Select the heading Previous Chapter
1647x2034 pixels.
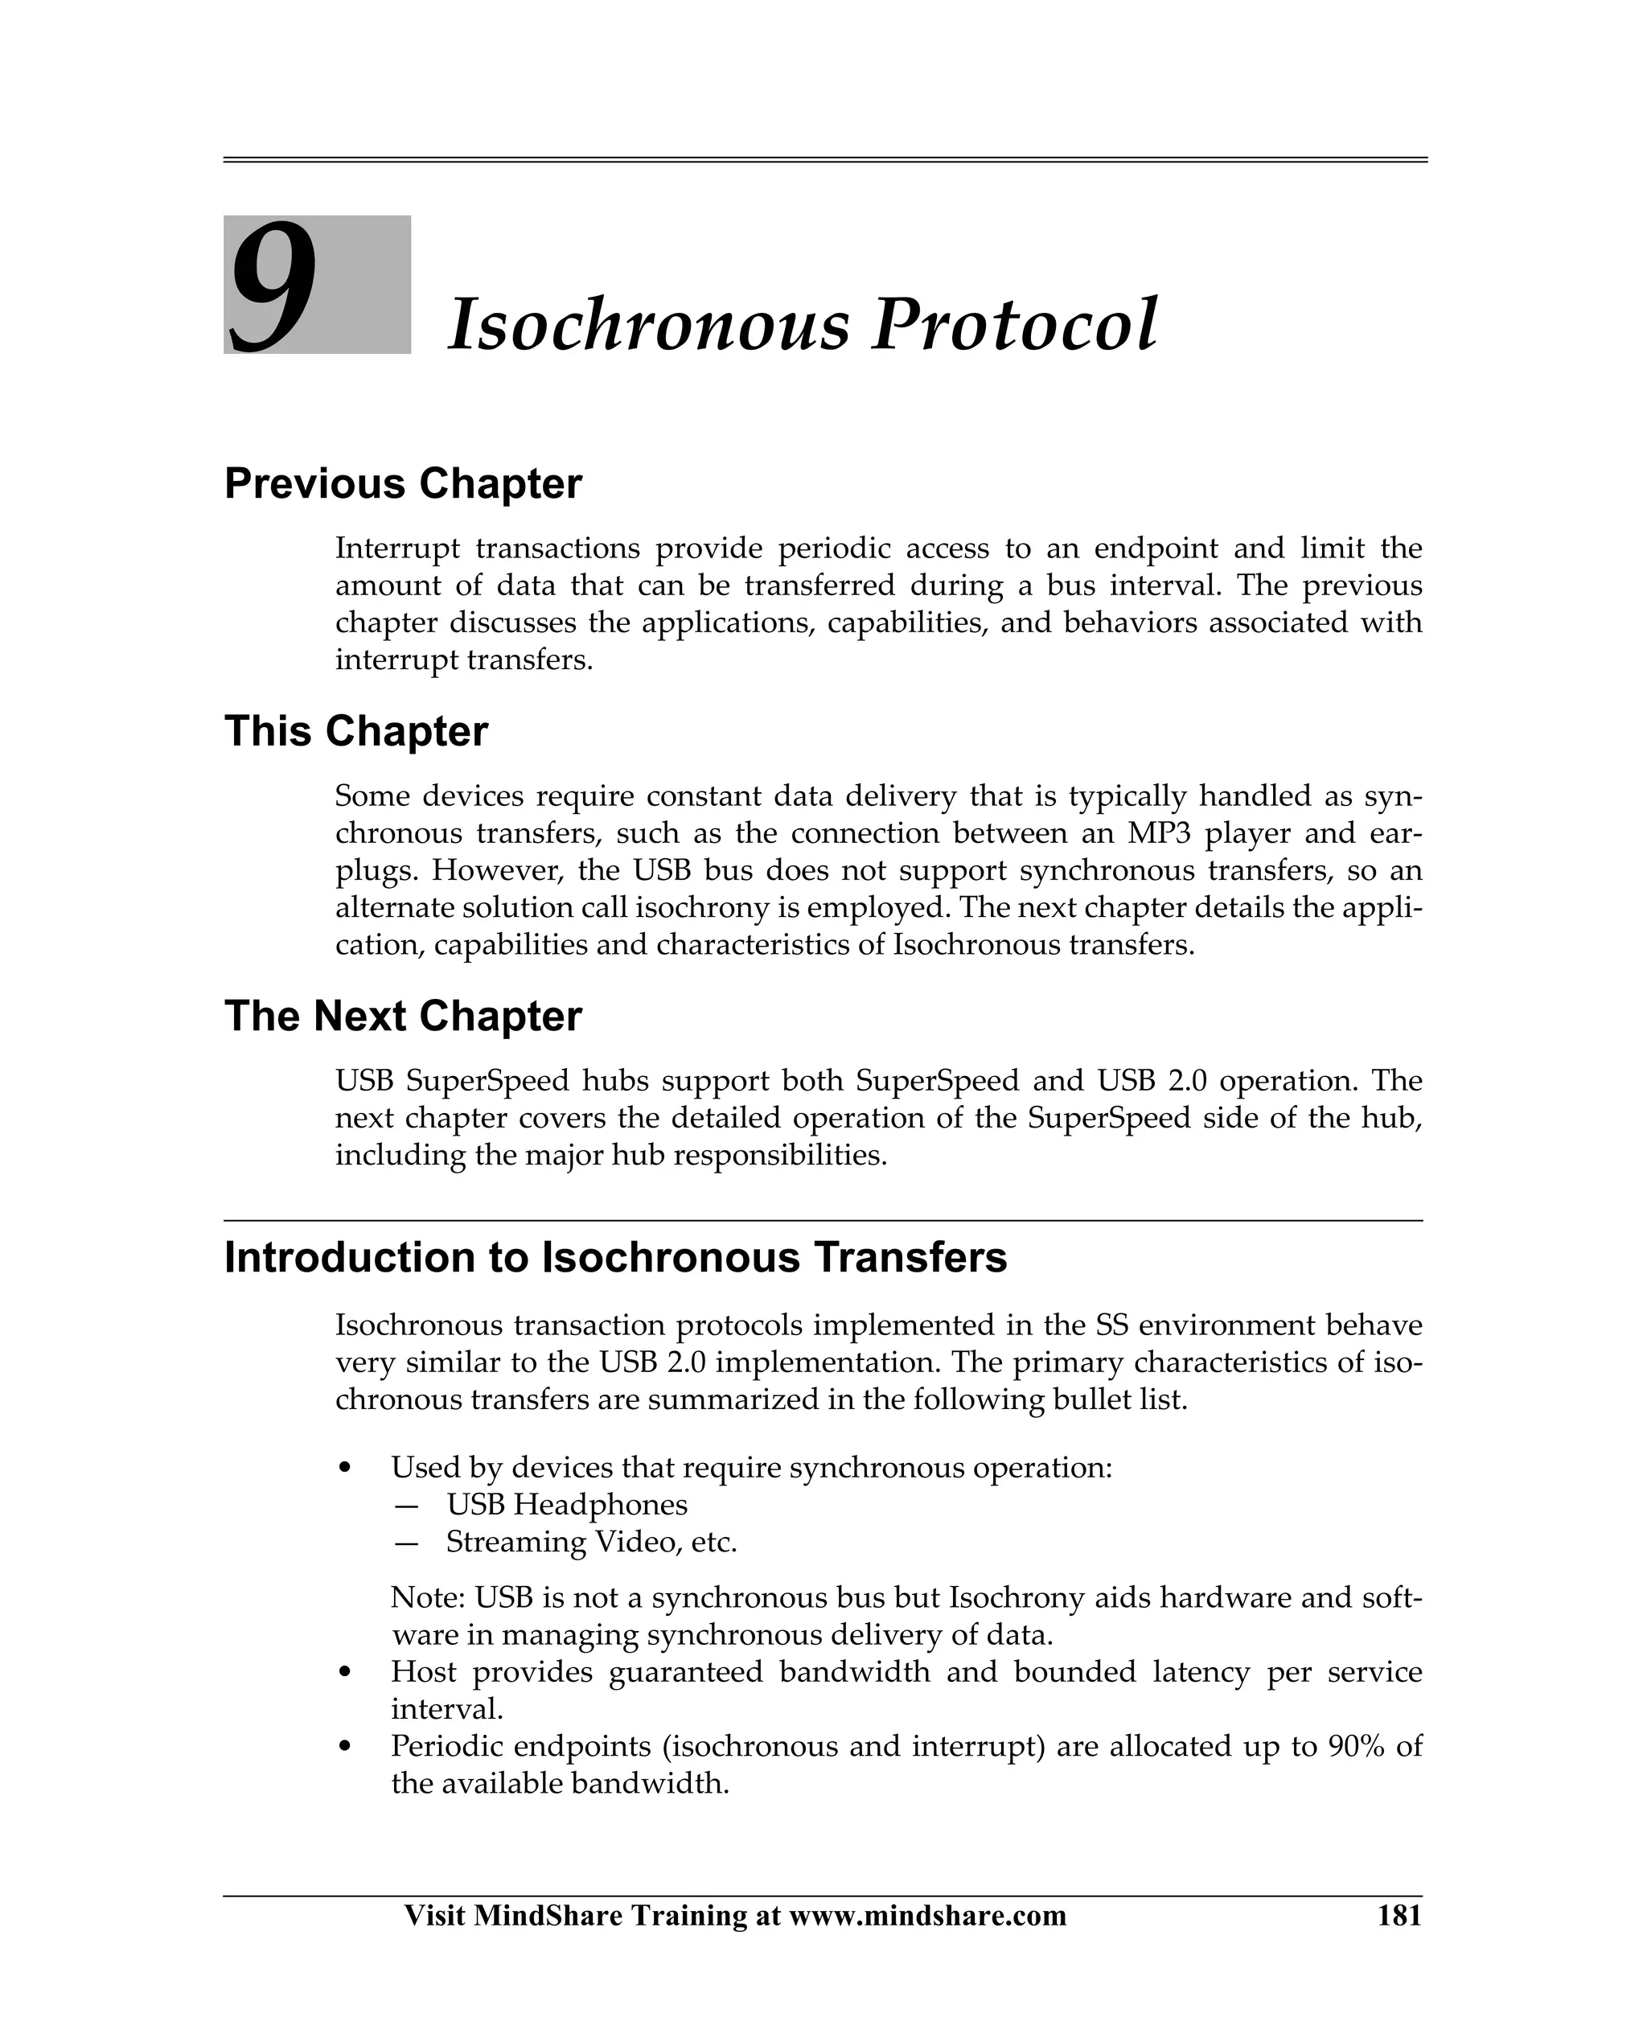tap(402, 484)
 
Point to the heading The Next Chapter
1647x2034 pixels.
tap(402, 1016)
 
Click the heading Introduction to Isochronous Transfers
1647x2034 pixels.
tap(614, 1257)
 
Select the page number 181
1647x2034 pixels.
tap(1399, 1916)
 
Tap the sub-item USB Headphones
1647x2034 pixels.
tap(566, 1505)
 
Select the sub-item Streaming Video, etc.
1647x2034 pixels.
tap(591, 1542)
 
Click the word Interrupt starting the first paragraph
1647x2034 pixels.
tap(397, 549)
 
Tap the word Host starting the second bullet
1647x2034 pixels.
tap(423, 1673)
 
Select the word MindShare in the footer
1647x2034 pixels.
tap(548, 1916)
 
